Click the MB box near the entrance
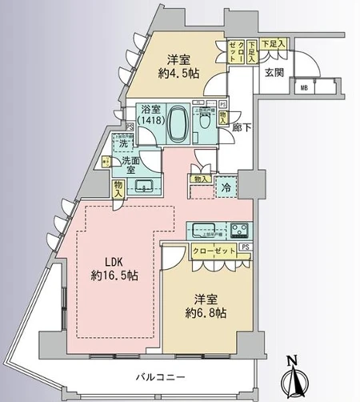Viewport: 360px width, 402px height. [x=303, y=87]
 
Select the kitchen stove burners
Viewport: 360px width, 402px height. [x=240, y=230]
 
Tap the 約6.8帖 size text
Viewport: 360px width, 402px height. [x=206, y=312]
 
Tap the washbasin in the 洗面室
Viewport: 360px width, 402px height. [x=146, y=187]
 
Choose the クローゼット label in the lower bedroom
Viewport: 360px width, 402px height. [x=214, y=251]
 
